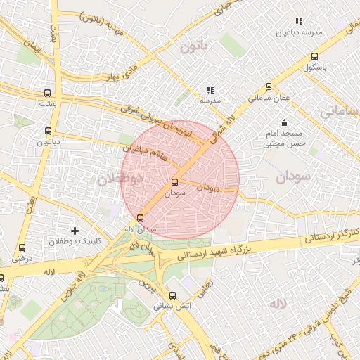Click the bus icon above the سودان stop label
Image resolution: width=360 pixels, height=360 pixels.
tap(174, 182)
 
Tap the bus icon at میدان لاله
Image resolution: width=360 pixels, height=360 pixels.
tap(141, 218)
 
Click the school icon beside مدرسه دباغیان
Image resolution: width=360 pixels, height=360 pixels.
tap(299, 21)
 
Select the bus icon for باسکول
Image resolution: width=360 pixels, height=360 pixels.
tap(314, 58)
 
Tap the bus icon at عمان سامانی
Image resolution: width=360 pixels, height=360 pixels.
tap(269, 88)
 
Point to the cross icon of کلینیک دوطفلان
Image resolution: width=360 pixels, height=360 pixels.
tap(75, 231)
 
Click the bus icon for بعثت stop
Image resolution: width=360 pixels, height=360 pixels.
tap(47, 92)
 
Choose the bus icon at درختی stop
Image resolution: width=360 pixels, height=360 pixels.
tap(22, 247)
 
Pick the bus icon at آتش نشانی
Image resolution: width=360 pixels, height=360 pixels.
tap(173, 295)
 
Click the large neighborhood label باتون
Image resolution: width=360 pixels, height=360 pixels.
tap(195, 48)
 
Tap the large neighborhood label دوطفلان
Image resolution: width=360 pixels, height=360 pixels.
tap(120, 179)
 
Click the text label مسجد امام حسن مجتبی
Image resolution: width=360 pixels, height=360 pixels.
tap(283, 139)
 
